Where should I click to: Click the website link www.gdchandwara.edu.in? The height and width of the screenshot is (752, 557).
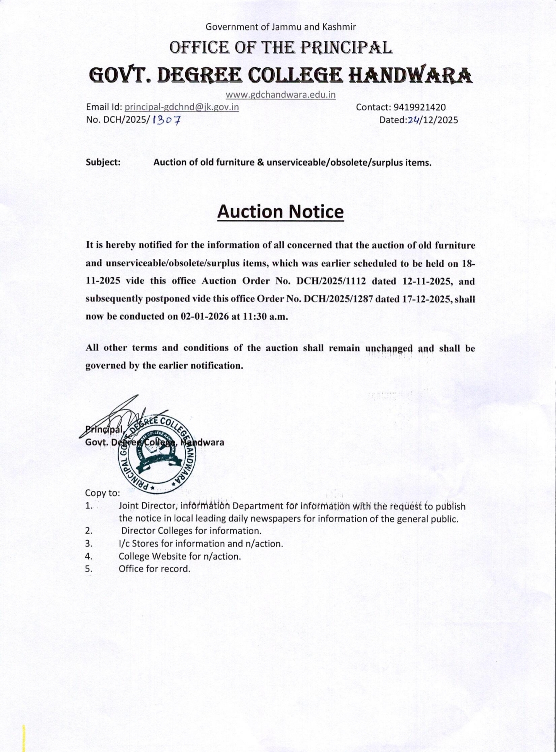click(x=280, y=95)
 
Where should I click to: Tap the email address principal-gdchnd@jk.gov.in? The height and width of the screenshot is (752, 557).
click(x=182, y=107)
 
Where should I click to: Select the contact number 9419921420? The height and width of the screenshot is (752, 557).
click(x=420, y=107)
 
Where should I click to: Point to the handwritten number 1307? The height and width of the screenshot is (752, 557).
click(x=167, y=120)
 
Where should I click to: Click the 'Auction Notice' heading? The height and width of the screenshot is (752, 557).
click(x=280, y=212)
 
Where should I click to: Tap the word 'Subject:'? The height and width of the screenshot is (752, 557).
click(x=103, y=163)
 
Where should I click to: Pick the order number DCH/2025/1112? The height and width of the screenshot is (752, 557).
click(x=331, y=281)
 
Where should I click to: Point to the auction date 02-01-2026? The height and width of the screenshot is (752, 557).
click(x=204, y=317)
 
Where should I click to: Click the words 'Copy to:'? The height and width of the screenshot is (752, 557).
click(x=103, y=493)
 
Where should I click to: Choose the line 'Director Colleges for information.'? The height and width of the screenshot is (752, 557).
click(x=191, y=531)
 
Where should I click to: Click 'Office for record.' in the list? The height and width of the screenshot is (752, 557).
click(x=154, y=569)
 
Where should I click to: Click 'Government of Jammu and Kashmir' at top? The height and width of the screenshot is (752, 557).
click(x=280, y=27)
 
